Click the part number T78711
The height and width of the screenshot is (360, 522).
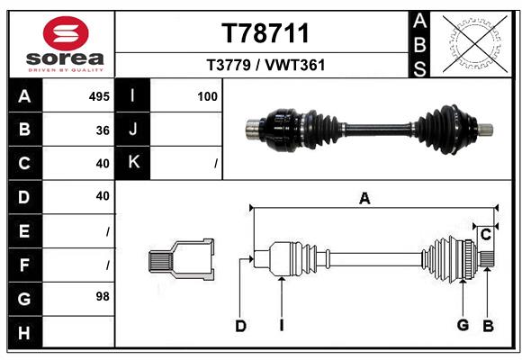coord(265,33)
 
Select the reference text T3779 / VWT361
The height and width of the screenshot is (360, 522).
coord(265,65)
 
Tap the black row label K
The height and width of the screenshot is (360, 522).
coord(133,163)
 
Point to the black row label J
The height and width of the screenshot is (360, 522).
coord(133,130)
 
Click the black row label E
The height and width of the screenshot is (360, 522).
coord(23,230)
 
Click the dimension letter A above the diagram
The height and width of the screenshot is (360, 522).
coord(364,199)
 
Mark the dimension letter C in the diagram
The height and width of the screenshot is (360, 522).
coord(485,235)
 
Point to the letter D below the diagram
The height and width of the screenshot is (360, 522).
coord(240,326)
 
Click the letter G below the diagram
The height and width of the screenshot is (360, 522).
coord(463,326)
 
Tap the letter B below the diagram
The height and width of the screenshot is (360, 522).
coord(488,326)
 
